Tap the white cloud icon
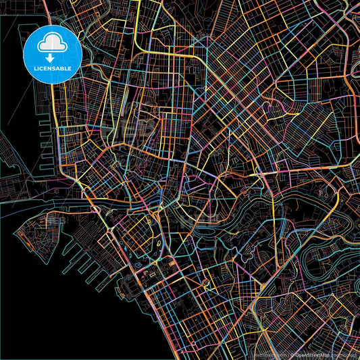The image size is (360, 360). (51, 42)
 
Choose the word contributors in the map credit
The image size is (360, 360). (345, 354)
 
